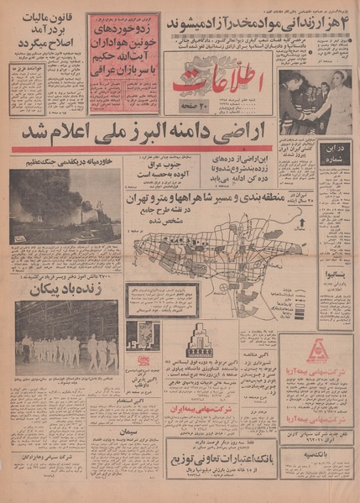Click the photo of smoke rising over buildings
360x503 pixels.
pyautogui.click(x=65, y=207)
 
